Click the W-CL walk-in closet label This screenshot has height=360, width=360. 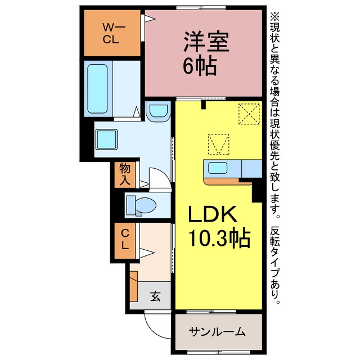[112, 34]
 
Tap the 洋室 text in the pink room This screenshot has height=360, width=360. [206, 42]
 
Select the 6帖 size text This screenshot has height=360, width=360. [200, 65]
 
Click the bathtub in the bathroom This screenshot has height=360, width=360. [97, 89]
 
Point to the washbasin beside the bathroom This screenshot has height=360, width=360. [159, 111]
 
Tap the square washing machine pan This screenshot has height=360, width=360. [106, 139]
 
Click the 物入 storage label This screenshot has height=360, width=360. [125, 174]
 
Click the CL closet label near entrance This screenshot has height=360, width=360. [125, 240]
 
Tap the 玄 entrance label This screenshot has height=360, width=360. [155, 296]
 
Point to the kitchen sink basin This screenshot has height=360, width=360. [218, 168]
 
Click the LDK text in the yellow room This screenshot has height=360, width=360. [213, 214]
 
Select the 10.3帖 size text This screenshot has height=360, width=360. [219, 237]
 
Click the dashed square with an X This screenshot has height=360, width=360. [249, 114]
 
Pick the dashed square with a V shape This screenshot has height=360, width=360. [219, 144]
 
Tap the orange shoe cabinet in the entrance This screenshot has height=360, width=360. [134, 286]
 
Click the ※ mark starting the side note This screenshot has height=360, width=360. [274, 16]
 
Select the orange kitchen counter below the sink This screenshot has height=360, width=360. [227, 181]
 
